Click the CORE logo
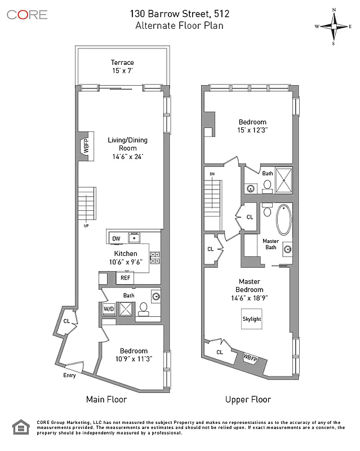coord(27,15)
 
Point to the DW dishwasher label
coord(115,238)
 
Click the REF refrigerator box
coord(125,277)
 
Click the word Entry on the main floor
coord(69,375)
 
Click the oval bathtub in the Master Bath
coord(283,220)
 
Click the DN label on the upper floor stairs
coord(212,174)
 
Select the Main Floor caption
coord(106,399)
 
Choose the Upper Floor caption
coord(248,399)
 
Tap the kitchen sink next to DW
coord(135,238)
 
